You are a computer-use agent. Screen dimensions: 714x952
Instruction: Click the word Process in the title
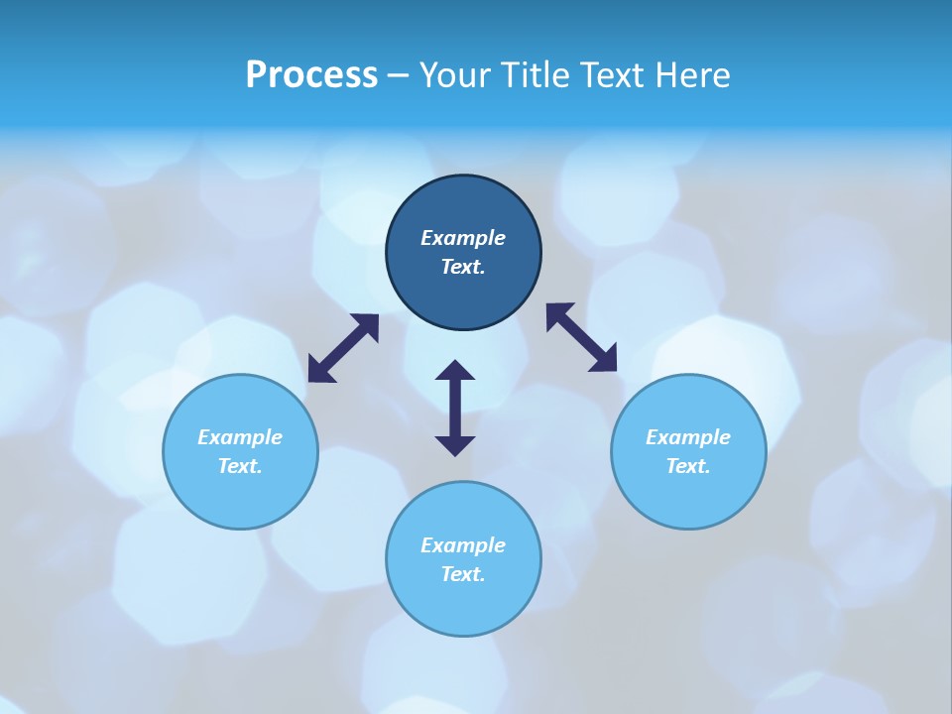(311, 75)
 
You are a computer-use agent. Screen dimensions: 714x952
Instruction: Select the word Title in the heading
(539, 75)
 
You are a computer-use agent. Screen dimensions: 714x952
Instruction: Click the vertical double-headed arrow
(455, 408)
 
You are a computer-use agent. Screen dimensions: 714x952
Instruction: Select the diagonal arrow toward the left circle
(343, 348)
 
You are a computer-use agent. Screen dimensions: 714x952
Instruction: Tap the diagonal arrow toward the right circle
(581, 338)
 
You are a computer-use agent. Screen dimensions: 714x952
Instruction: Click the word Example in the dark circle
(463, 238)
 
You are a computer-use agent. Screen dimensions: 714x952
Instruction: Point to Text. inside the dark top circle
(463, 267)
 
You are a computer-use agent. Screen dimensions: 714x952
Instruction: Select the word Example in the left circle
(240, 437)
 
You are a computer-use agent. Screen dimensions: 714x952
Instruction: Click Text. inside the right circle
(688, 466)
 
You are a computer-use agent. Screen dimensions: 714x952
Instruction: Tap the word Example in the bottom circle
(463, 545)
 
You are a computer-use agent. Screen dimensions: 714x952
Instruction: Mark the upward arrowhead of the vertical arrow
(455, 371)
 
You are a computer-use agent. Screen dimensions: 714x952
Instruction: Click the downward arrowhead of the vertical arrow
(455, 445)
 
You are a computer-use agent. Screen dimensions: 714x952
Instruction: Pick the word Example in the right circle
(688, 437)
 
